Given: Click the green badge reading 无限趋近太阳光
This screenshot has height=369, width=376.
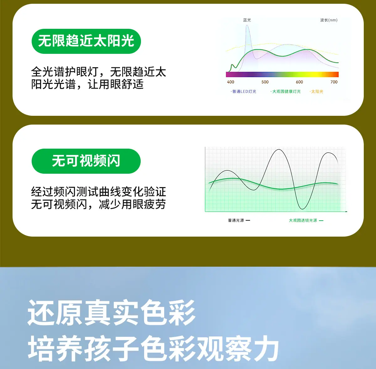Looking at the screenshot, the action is pyautogui.click(x=86, y=41).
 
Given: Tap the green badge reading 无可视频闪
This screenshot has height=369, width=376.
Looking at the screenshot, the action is pyautogui.click(x=86, y=161).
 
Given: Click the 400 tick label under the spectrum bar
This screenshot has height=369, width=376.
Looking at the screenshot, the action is pyautogui.click(x=230, y=82).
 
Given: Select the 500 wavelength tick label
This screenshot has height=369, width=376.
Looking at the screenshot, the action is pyautogui.click(x=265, y=82).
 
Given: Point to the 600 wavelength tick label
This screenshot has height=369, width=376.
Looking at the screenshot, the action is pyautogui.click(x=299, y=82).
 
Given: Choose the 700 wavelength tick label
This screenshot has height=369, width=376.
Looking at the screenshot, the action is pyautogui.click(x=334, y=82).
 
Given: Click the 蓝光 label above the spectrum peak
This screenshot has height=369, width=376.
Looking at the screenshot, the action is pyautogui.click(x=247, y=20).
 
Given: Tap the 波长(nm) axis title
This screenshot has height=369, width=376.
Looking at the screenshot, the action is pyautogui.click(x=329, y=20).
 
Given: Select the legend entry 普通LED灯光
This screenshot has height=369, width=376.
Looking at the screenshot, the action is pyautogui.click(x=243, y=92).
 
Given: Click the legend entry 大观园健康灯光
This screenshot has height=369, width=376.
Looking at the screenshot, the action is pyautogui.click(x=286, y=92).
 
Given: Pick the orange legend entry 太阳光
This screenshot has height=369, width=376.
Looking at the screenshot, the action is pyautogui.click(x=316, y=92).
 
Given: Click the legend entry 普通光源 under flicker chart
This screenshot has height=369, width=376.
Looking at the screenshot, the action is pyautogui.click(x=239, y=220).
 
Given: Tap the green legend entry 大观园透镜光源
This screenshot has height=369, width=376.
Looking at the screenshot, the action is pyautogui.click(x=306, y=220).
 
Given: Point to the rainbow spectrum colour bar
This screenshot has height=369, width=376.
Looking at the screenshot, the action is pyautogui.click(x=282, y=74).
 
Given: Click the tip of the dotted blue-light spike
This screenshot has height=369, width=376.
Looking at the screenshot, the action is pyautogui.click(x=247, y=25).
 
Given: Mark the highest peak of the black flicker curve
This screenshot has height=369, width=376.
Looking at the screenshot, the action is pyautogui.click(x=279, y=150).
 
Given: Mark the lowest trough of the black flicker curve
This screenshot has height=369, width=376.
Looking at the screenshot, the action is pyautogui.click(x=302, y=209).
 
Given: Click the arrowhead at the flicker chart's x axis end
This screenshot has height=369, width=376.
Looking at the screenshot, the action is pyautogui.click(x=347, y=212).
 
